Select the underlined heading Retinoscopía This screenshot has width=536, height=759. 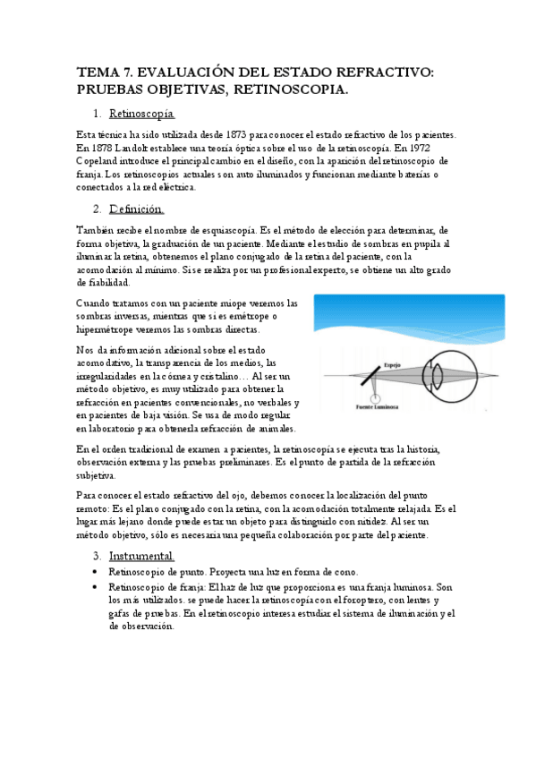[141, 115]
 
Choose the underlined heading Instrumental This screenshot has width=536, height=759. [141, 556]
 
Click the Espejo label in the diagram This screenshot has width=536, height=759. [392, 364]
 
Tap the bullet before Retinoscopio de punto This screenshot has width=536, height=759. [96, 572]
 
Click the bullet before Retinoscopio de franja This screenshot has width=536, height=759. [96, 586]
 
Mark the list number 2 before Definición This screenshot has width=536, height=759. [97, 209]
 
